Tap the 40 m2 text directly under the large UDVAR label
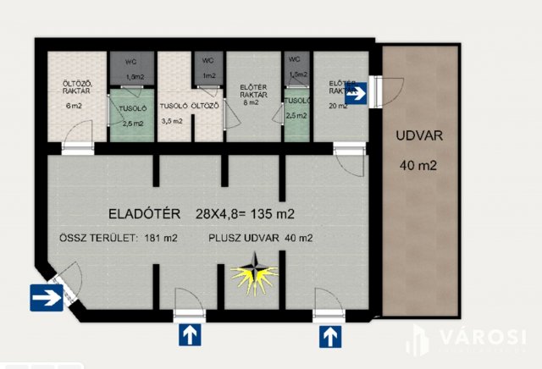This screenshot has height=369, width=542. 418,165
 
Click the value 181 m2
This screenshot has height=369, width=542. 159,238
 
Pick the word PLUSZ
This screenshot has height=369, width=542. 226,238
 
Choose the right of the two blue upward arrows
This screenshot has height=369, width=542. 330,335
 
